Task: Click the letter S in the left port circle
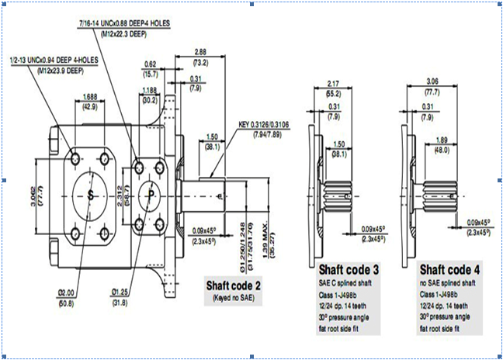click(92, 192)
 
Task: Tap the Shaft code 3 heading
click(349, 270)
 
